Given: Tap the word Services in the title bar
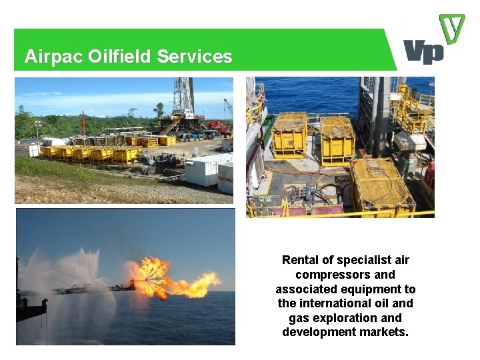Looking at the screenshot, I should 195,57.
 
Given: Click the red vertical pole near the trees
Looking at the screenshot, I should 83,123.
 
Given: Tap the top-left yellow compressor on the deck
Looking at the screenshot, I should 290,133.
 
